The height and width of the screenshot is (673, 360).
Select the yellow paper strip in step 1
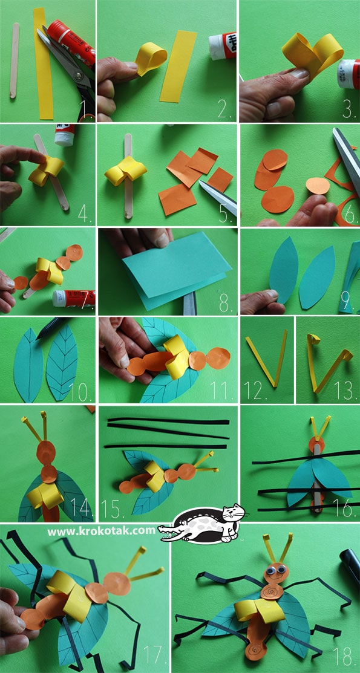click(x=44, y=63)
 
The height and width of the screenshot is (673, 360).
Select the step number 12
click(x=255, y=391)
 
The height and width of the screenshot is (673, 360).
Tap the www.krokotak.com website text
click(x=102, y=531)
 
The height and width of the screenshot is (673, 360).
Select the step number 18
click(x=344, y=654)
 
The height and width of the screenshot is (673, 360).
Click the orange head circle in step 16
click(x=316, y=444)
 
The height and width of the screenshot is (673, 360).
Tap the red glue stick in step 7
click(x=73, y=298)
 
